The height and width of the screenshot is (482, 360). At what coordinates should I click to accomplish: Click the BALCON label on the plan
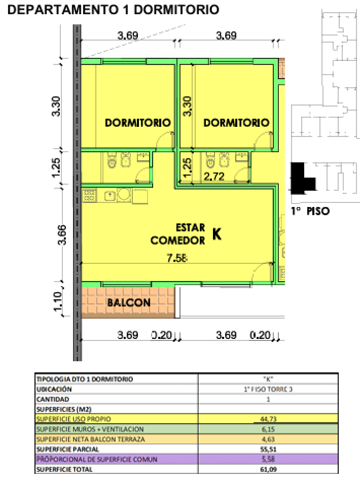point(128,303)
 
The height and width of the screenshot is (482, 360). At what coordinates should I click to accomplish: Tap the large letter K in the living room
point(217,233)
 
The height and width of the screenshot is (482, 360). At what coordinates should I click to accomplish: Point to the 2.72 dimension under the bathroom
point(213,177)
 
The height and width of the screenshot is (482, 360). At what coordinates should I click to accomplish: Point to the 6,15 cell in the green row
point(269,429)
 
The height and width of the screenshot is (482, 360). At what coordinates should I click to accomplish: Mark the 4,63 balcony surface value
point(269,439)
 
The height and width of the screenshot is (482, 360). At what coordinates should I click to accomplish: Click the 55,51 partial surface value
point(269,449)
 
